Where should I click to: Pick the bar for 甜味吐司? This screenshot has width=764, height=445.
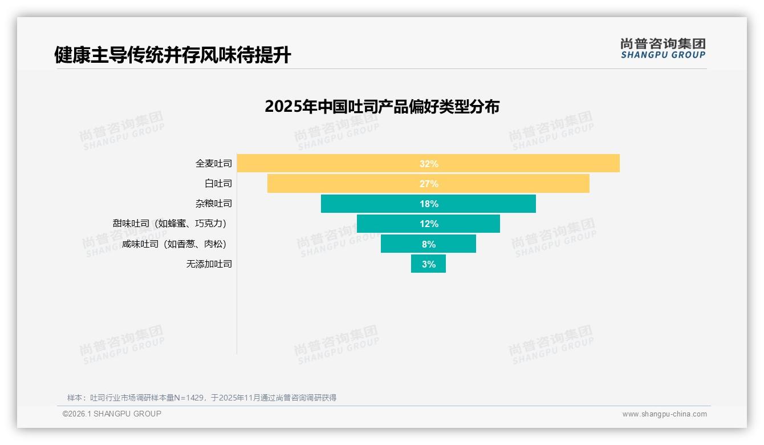tap(388, 224)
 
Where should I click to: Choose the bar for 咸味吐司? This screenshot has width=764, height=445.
tap(399, 244)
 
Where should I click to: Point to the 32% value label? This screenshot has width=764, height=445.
tap(429, 164)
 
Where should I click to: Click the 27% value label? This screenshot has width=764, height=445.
tap(429, 184)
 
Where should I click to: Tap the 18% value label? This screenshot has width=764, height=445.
tap(429, 204)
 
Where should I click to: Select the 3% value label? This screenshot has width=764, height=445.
tap(429, 264)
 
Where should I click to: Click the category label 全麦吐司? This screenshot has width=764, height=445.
tap(214, 164)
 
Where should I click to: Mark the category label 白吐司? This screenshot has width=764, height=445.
tap(218, 184)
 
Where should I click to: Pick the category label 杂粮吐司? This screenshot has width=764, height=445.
tap(214, 204)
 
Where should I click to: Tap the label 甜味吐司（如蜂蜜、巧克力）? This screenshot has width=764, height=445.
tap(172, 224)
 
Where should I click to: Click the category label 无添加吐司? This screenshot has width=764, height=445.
tap(209, 264)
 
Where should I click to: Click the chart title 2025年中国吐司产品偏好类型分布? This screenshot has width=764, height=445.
tap(382, 107)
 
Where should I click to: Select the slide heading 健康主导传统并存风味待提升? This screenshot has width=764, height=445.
tap(172, 55)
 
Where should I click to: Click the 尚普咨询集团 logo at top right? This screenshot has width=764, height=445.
tap(663, 48)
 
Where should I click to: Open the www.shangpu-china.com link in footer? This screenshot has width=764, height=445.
tap(664, 414)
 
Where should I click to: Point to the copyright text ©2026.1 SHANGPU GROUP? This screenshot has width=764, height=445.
tap(112, 414)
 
